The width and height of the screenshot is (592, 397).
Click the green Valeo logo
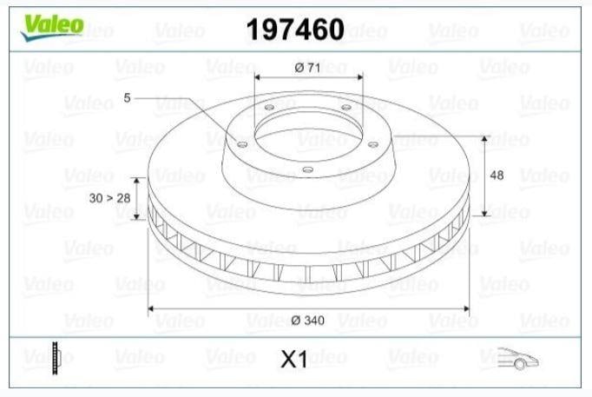coord(52,27)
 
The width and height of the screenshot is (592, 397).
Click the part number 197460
coord(295,29)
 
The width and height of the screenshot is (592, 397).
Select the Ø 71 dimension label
coord(307,68)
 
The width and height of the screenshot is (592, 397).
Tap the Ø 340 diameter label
coord(307,321)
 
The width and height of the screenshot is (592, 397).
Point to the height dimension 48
coord(497,175)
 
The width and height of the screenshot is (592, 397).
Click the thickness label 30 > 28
coord(109,198)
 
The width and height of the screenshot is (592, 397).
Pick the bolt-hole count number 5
coord(127,98)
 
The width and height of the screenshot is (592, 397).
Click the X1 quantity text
coord(294,360)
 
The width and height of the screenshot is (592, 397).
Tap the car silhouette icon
coord(518,358)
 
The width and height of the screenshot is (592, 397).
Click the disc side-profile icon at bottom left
coord(56,358)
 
